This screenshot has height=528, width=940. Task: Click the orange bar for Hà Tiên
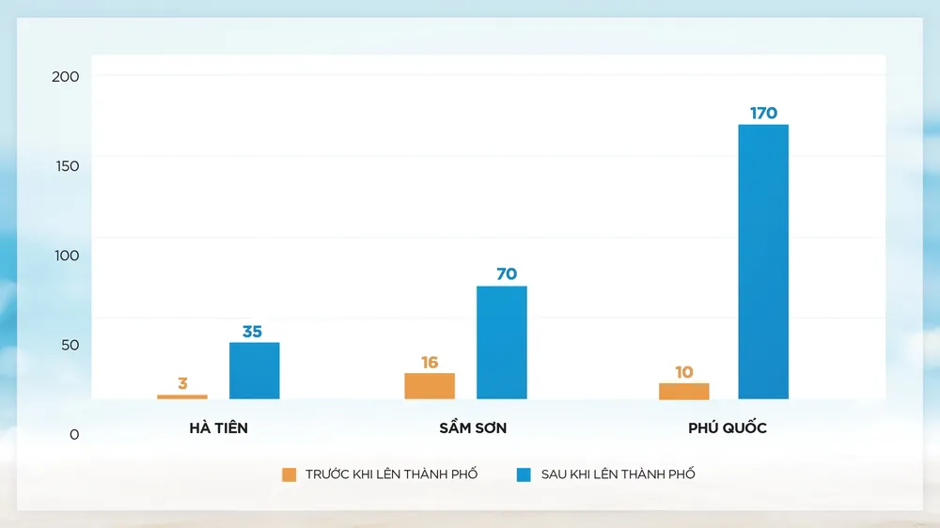click(182, 396)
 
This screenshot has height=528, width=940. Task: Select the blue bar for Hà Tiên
click(255, 370)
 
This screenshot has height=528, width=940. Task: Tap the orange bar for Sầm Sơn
click(430, 386)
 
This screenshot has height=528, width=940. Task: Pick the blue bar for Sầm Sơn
click(502, 342)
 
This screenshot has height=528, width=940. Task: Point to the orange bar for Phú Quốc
click(684, 391)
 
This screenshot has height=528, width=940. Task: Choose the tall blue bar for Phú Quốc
click(763, 261)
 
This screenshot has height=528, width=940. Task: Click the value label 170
click(763, 114)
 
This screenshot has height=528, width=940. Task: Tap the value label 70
click(507, 274)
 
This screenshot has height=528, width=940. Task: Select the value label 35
click(252, 332)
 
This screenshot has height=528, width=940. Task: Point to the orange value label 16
click(430, 363)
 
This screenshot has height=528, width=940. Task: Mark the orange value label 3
click(182, 383)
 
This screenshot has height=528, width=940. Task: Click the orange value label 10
click(683, 372)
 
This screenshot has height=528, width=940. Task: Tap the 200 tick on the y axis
click(66, 76)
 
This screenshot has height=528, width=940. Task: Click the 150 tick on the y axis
click(66, 166)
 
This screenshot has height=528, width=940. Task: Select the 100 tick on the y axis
click(66, 256)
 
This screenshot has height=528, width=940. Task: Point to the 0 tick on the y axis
click(74, 434)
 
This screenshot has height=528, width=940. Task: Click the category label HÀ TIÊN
click(219, 428)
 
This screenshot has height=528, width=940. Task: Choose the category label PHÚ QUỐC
click(728, 428)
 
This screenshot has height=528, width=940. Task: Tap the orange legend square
click(290, 474)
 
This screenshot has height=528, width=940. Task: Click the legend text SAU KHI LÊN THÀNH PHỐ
click(618, 474)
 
